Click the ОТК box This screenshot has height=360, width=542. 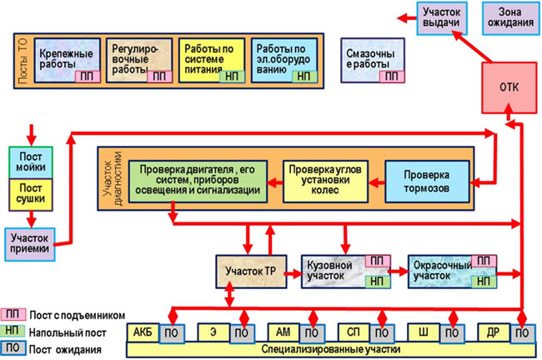tap(509, 87)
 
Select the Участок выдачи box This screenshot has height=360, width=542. tap(442, 18)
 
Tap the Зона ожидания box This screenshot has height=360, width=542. tap(510, 18)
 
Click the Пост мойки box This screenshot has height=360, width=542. tap(31, 162)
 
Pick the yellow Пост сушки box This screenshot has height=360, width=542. tap(31, 194)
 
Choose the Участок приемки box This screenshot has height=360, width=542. tap(30, 244)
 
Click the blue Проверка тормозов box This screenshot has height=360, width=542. tap(427, 182)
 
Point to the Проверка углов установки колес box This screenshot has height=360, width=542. tap(325, 182)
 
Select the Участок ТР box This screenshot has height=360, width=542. tap(251, 272)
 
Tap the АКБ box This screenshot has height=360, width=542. tap(143, 332)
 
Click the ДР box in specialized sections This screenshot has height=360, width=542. tap(494, 332)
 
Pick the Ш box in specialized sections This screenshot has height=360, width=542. tap(424, 332)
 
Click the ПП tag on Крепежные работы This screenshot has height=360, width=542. tap(88, 77)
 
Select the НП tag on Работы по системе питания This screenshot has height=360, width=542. tap(232, 77)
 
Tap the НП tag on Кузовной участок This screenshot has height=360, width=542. tap(378, 282)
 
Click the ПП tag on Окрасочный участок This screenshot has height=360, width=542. tap(484, 261)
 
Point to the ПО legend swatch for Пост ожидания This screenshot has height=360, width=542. tap(13, 347)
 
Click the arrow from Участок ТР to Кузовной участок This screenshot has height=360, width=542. tap(294, 274)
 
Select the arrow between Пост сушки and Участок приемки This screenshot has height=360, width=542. tap(32, 219)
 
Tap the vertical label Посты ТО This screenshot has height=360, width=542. tap(23, 61)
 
